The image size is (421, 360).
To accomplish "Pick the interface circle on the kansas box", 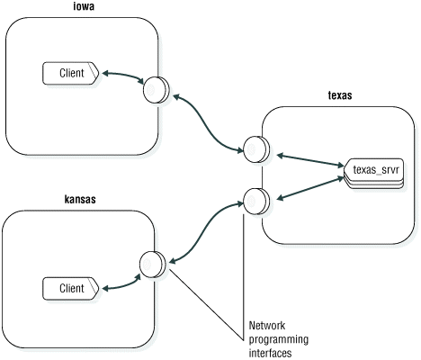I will tap(151, 264).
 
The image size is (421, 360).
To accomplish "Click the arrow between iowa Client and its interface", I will tap(121, 77).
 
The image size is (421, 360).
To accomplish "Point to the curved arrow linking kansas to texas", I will tap(205, 230).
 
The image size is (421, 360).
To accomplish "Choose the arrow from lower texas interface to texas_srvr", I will tap(306, 187).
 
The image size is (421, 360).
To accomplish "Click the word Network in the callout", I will tap(267, 327).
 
